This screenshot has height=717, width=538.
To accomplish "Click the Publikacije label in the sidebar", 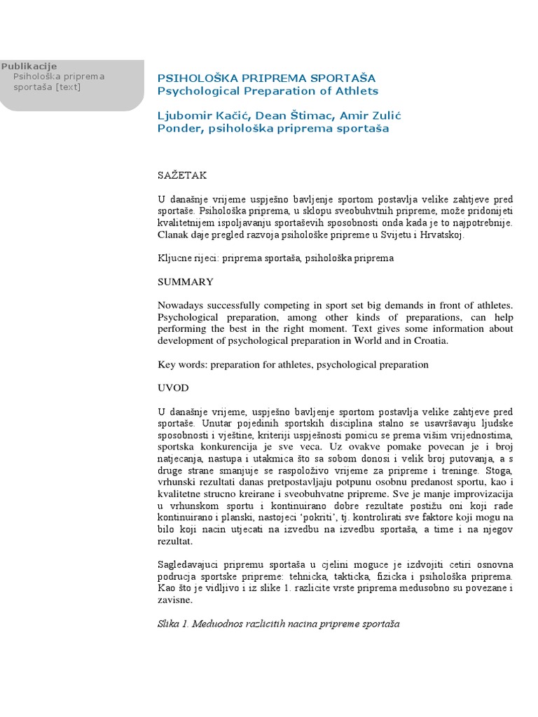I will tap(29, 66).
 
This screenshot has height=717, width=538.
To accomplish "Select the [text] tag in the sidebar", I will tap(68, 87).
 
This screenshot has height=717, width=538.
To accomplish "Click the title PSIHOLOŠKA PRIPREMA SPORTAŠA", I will tap(266, 78).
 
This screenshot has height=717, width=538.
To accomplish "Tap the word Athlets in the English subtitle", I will tap(353, 91).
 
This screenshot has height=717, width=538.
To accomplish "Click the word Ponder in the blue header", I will tap(179, 129).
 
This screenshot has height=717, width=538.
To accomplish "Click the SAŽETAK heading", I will tap(182, 175).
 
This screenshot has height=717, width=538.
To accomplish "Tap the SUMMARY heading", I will tap(186, 281).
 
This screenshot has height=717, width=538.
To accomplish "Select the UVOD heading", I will tap(173, 387).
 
